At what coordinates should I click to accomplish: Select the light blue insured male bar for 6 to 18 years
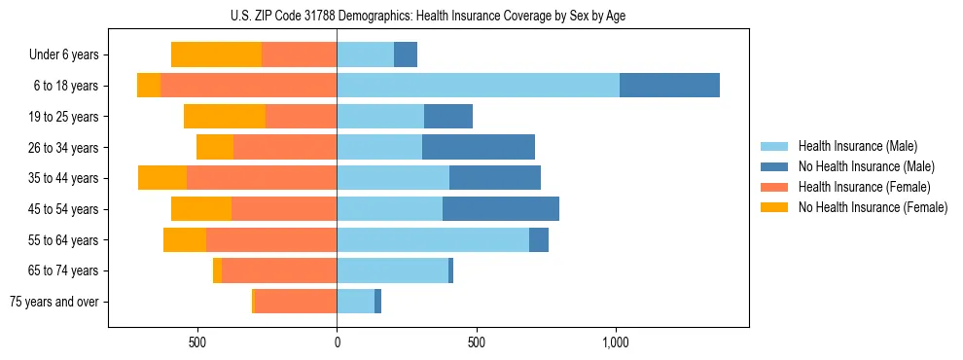[478, 86]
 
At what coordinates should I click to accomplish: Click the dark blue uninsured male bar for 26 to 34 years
[479, 147]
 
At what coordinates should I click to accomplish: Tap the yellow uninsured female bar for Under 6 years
[216, 54]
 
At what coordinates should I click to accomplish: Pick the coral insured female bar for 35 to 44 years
[262, 178]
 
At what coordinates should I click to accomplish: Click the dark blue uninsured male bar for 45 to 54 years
[501, 209]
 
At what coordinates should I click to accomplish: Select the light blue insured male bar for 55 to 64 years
[433, 239]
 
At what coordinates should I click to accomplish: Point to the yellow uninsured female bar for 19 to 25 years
[225, 117]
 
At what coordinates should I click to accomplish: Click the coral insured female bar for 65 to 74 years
[279, 270]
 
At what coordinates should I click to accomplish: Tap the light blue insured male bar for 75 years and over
[356, 302]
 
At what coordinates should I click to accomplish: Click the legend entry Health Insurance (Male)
[857, 146]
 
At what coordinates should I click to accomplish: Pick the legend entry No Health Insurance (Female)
[873, 207]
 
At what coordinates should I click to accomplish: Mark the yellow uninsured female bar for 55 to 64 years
[185, 239]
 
